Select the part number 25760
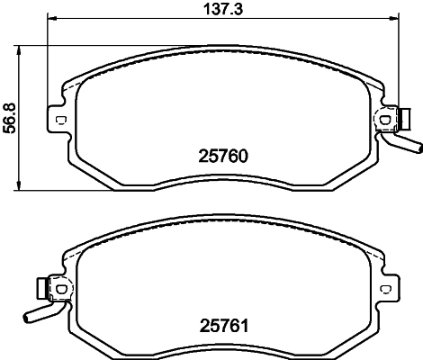(221, 155)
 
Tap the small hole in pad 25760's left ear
(60, 121)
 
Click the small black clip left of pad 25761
(40, 288)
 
